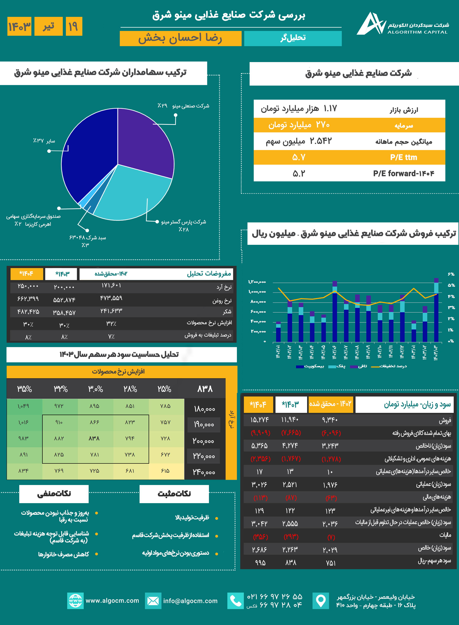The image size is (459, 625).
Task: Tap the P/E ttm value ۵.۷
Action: coord(299,158)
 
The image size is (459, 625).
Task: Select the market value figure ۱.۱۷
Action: coord(330,109)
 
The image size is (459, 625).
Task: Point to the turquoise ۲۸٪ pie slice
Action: coord(131,195)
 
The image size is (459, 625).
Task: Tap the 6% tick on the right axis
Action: coord(451,274)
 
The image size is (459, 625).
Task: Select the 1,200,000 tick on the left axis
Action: coord(257,282)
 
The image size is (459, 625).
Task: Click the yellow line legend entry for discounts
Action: coord(389,366)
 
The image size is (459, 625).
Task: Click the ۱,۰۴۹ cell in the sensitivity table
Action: coord(24,406)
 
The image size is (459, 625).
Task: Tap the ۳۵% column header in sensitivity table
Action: coord(24,389)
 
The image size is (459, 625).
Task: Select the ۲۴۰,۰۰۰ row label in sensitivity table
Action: coord(204,472)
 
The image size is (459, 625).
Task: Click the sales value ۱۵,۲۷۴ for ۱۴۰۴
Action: coord(259,420)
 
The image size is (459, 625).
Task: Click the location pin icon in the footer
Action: coord(321,601)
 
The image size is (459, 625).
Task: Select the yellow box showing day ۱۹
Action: coord(74,26)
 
